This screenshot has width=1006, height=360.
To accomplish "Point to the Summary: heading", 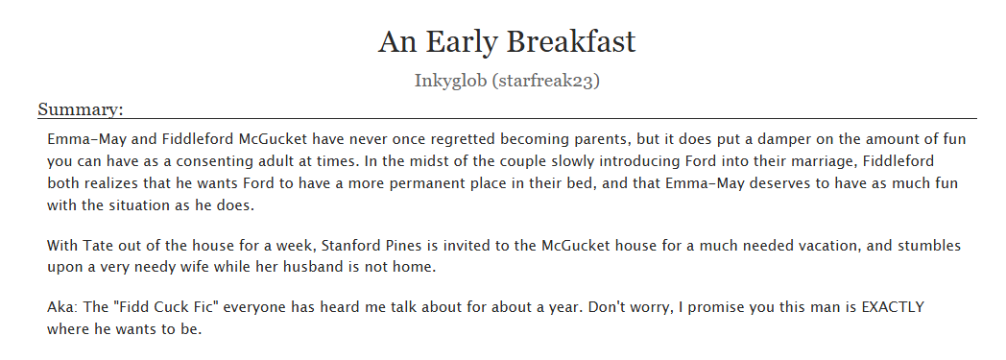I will click(81, 109).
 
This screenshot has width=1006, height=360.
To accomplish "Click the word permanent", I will click(387, 180).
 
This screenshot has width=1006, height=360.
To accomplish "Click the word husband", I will click(308, 267).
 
